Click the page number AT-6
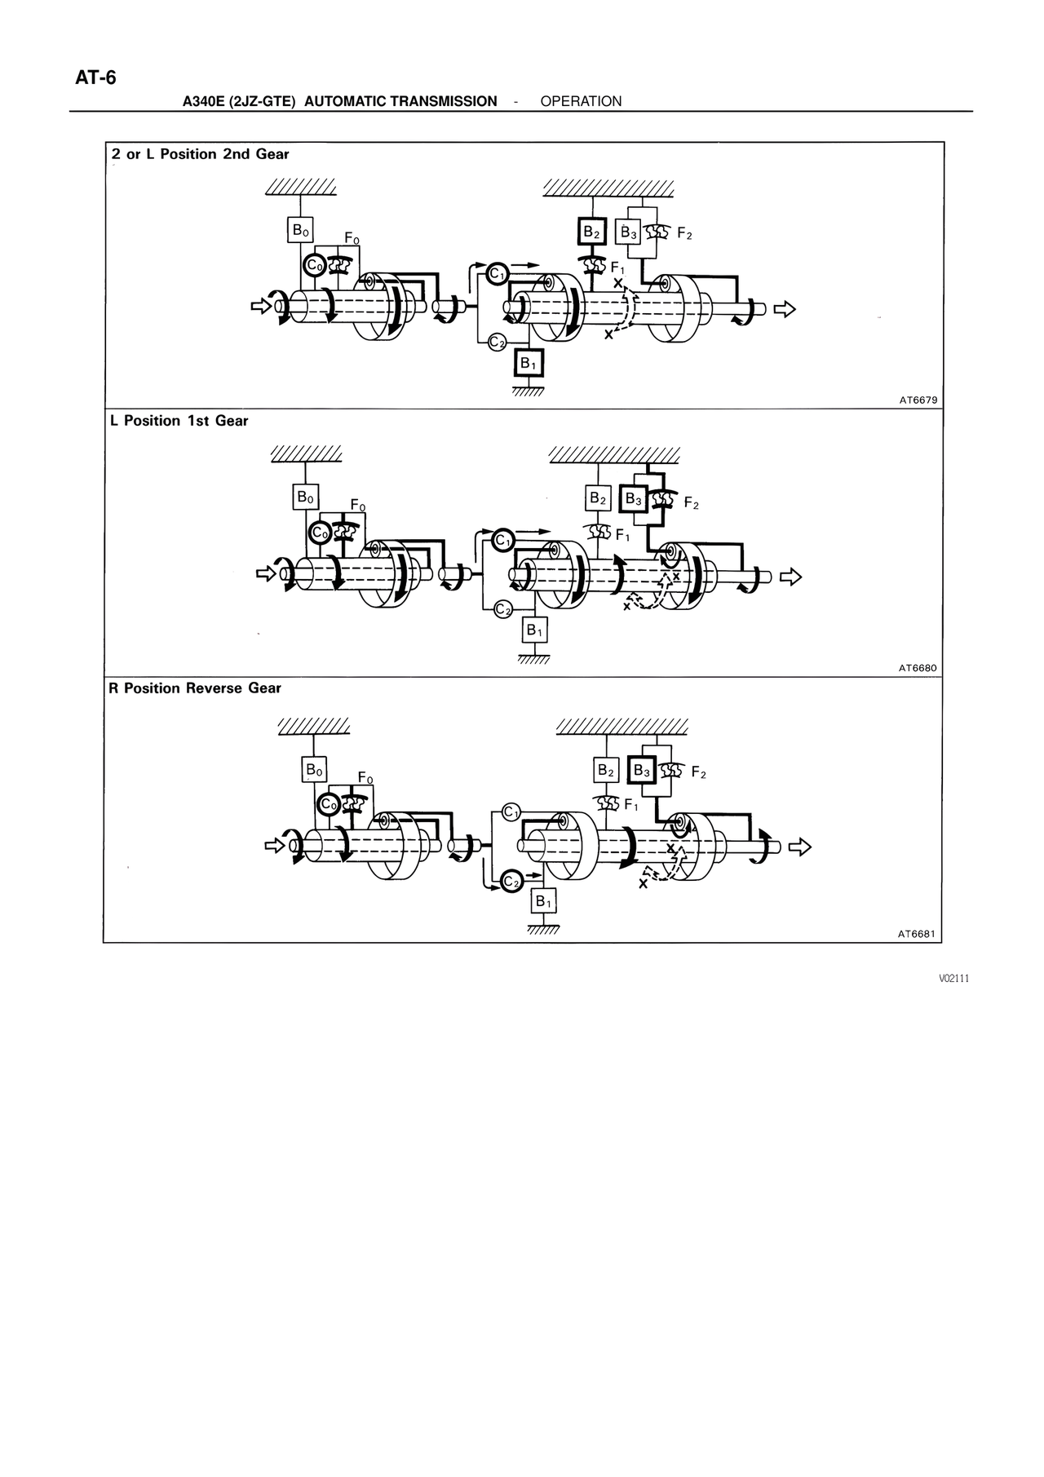coord(96,78)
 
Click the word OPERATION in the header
coord(581,101)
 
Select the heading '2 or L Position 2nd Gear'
coord(201,154)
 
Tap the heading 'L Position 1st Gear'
coord(179,421)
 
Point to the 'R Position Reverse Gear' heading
coord(195,688)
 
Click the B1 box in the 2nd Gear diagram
coord(529,363)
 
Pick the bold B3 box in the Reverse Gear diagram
coord(642,770)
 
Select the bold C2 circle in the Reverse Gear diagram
coord(511,882)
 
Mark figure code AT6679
coord(918,400)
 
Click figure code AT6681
coord(918,935)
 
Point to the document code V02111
coord(953,979)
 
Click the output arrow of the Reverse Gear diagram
coord(801,847)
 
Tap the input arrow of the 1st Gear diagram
coord(266,574)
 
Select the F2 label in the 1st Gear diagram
coord(691,504)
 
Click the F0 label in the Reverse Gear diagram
coord(365,779)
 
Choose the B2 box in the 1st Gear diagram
coord(598,497)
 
